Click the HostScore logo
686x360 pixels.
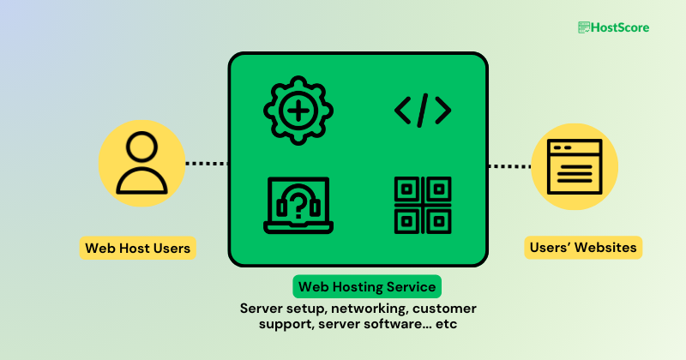613,27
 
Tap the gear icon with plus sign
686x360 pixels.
298,111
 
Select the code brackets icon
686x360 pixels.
422,111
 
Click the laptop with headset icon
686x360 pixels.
298,205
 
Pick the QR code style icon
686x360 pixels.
422,205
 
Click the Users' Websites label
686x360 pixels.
583,248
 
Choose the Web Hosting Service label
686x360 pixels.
367,285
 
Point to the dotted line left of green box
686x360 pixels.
207,163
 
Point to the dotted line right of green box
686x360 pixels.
509,166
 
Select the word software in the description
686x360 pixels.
393,325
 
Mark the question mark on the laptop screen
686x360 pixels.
298,204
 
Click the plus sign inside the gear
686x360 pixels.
298,111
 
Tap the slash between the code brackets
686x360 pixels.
422,111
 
